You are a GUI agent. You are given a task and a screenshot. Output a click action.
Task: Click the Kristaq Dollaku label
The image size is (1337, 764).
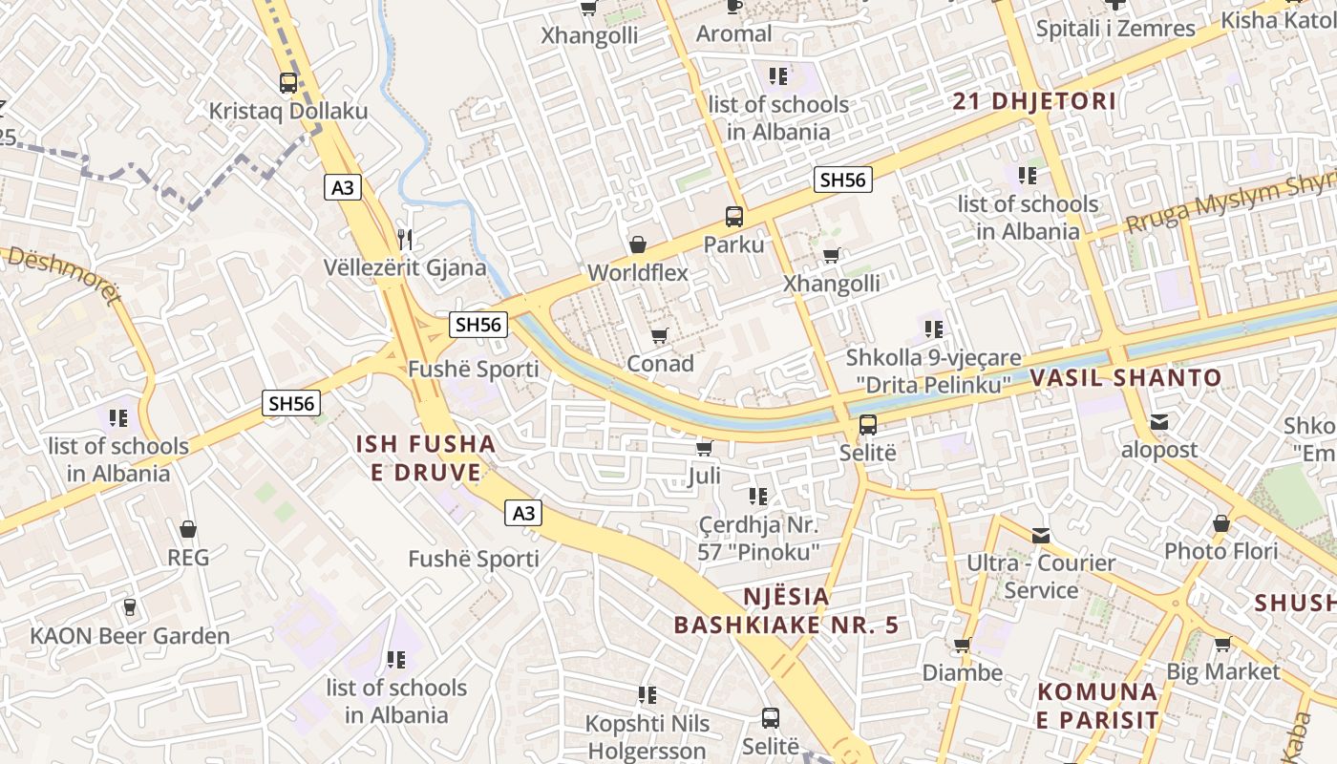click(x=288, y=111)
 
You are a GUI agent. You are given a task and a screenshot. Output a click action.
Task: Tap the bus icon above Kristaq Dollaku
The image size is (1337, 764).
click(x=288, y=83)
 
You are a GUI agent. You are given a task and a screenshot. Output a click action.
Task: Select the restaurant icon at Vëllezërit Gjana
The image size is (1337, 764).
click(x=406, y=239)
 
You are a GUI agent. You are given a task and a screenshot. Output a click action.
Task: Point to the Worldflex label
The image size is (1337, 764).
click(x=638, y=272)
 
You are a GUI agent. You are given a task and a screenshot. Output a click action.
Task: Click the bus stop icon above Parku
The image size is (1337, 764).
click(x=734, y=217)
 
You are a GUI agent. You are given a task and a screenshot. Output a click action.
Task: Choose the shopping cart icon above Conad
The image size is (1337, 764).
click(x=659, y=336)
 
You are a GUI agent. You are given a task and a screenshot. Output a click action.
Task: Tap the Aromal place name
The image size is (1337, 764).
click(x=733, y=33)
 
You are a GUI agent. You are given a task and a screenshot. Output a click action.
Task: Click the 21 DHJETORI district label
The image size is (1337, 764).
click(x=1034, y=101)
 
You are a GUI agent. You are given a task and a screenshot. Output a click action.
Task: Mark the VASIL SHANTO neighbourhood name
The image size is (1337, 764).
click(x=1125, y=377)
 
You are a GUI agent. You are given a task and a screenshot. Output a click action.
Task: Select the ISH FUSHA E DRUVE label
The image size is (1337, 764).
click(x=426, y=457)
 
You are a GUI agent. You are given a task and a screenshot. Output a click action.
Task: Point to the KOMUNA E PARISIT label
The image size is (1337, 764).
click(x=1097, y=705)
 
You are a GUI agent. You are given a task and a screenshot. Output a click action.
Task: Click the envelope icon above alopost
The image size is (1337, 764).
click(x=1159, y=422)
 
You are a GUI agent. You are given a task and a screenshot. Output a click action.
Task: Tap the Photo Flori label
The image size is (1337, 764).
click(x=1220, y=551)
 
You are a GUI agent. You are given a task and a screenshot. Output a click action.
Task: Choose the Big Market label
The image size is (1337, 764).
click(x=1223, y=671)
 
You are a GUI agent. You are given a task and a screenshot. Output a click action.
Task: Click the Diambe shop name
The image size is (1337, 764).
click(x=962, y=672)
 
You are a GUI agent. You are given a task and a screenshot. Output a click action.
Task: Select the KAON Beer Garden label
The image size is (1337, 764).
click(x=130, y=636)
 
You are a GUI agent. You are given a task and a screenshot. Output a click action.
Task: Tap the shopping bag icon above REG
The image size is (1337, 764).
click(x=188, y=529)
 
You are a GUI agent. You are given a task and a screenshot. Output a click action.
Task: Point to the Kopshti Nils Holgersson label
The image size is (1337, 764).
click(x=647, y=736)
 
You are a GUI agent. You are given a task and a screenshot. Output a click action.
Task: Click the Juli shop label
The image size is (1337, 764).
click(x=704, y=475)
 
